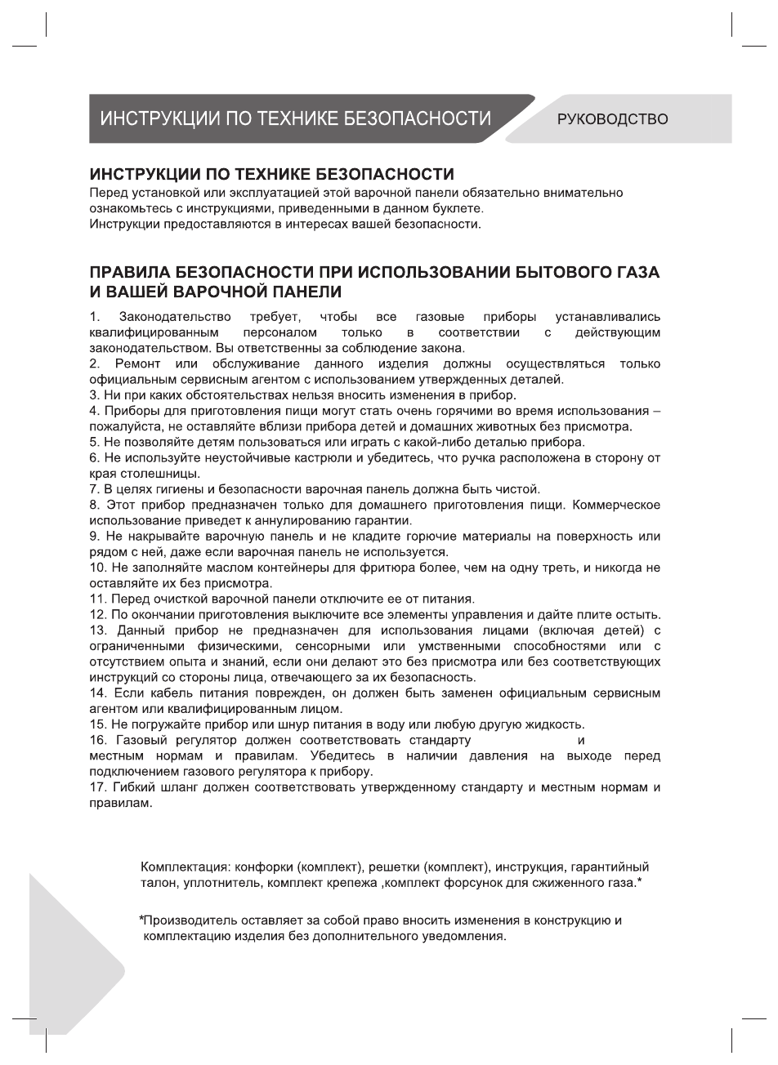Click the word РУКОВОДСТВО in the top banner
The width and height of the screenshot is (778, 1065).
point(612,119)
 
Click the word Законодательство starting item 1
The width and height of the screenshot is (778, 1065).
point(175,317)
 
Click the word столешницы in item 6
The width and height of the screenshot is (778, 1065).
point(143,474)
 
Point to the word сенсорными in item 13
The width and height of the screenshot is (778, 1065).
point(323,646)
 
